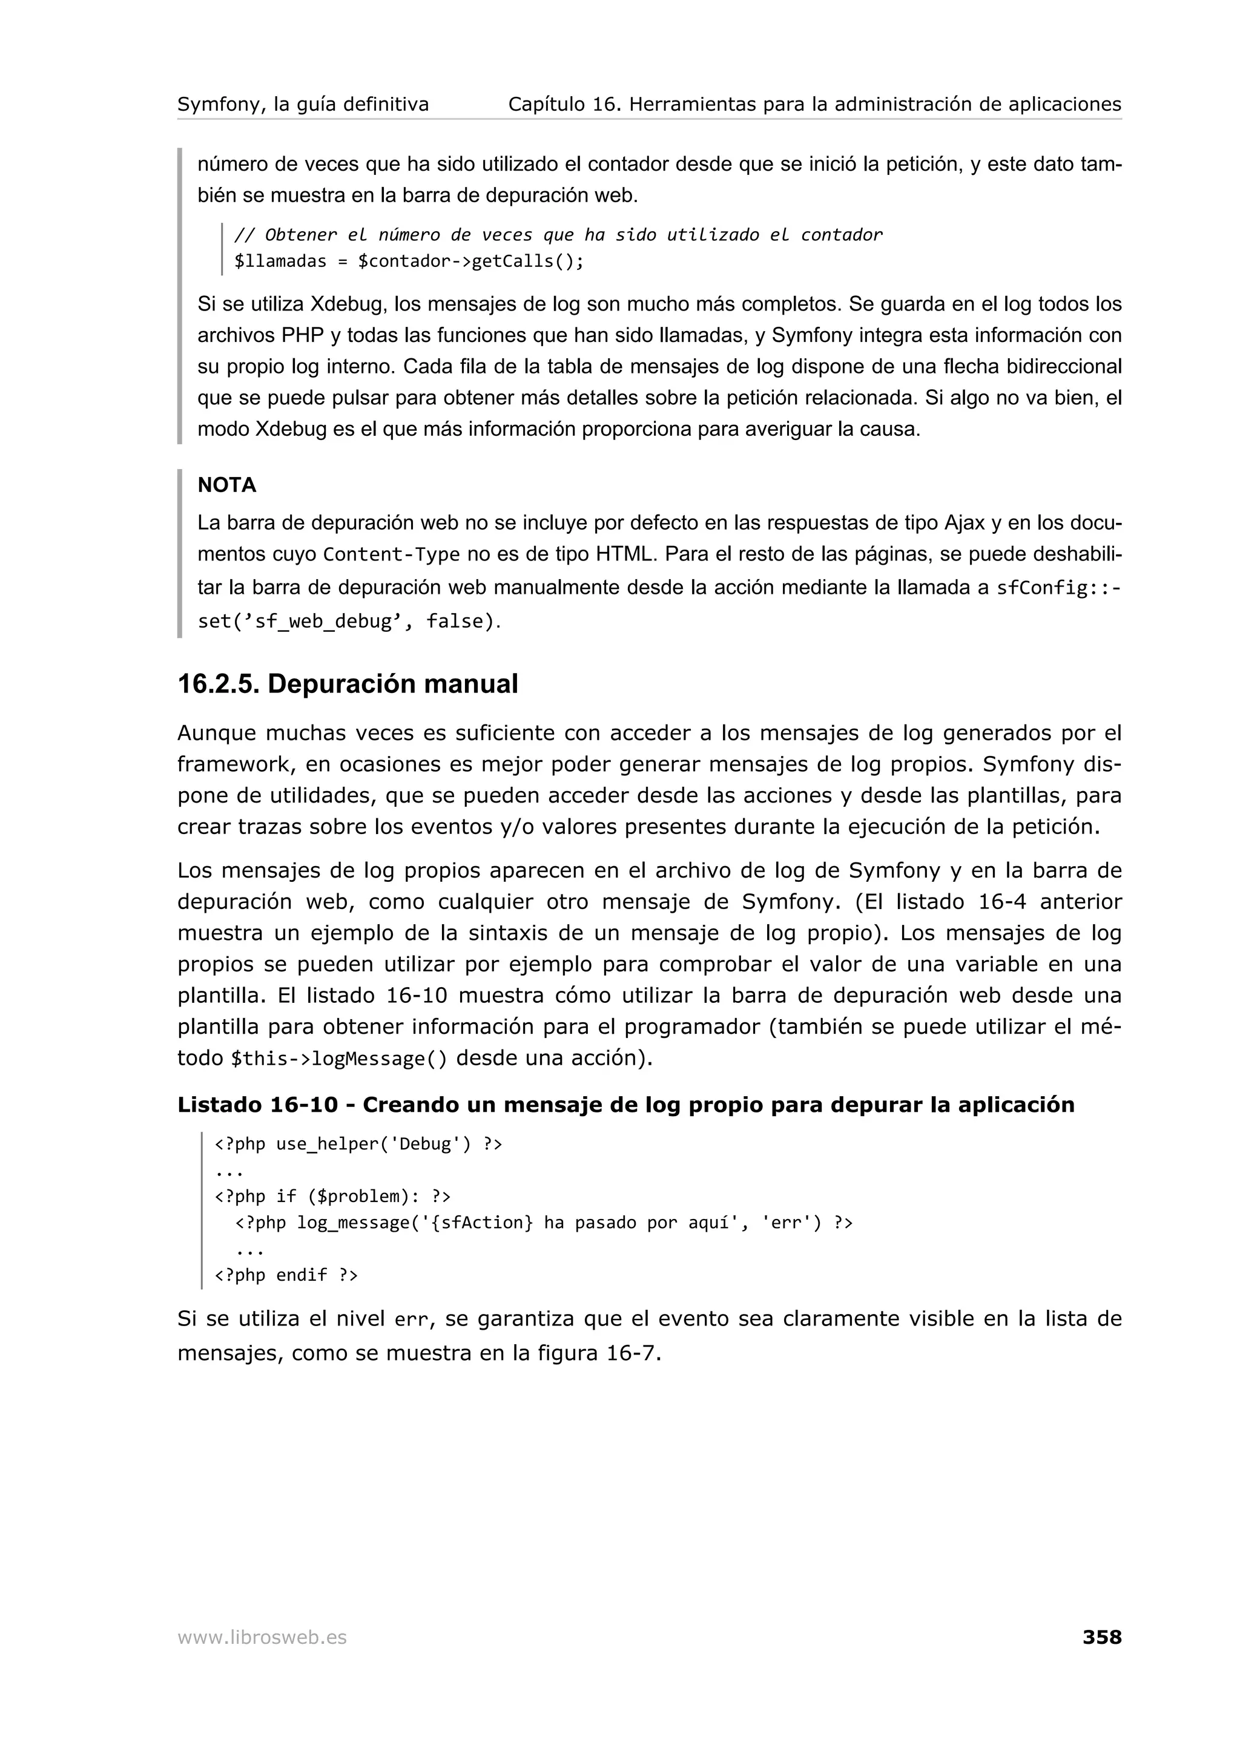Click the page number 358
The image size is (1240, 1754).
(1101, 1637)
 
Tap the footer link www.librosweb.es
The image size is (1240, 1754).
(262, 1637)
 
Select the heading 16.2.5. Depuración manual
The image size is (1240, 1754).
(348, 684)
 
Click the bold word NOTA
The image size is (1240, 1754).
(227, 485)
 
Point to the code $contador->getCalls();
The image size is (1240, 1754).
(470, 261)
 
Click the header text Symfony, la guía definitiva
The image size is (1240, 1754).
(303, 104)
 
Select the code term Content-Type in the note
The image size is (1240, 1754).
(391, 554)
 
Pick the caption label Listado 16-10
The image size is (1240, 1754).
(257, 1105)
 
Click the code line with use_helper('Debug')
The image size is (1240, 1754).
(358, 1144)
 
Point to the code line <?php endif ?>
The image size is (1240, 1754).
(286, 1275)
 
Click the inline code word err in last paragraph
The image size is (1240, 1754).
(411, 1319)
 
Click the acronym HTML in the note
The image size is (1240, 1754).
(625, 554)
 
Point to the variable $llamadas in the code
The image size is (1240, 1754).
(280, 261)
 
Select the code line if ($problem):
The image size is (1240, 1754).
(332, 1197)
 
